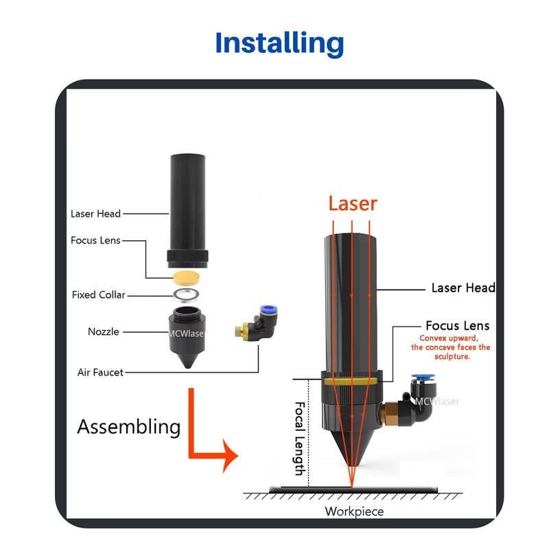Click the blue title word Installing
tap(279, 43)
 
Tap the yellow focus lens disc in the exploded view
tap(186, 278)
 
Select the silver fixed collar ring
tap(186, 295)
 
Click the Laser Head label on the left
tap(95, 213)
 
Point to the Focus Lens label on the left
tap(95, 240)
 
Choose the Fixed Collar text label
tap(98, 295)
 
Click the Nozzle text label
tap(104, 331)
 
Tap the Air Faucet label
tap(100, 372)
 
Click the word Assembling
tap(129, 427)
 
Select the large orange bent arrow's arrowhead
tap(230, 456)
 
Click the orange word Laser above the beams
tap(353, 203)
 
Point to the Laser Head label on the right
tap(463, 288)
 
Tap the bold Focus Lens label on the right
tap(457, 325)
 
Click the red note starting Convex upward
tap(451, 347)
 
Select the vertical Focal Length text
tap(299, 439)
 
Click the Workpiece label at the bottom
tap(354, 511)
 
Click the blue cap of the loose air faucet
tap(268, 309)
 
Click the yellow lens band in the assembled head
tap(351, 382)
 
